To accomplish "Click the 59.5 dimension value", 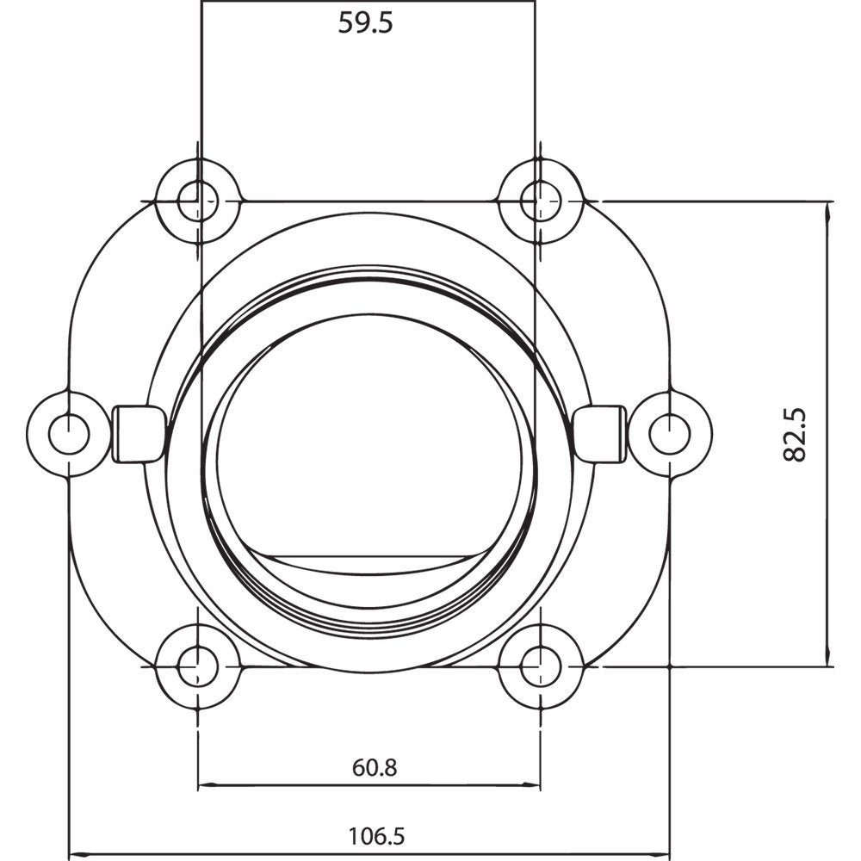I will tap(365, 23).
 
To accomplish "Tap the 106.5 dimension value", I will tap(376, 835).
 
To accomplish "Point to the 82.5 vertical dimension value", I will tap(796, 435).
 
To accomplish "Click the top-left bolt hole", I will tap(198, 201).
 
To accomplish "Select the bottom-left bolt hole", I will tap(198, 666).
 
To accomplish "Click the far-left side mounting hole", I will tap(68, 434).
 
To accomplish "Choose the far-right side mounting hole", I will tap(670, 434).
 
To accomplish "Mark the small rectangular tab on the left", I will tap(138, 433).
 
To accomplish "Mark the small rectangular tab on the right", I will tap(599, 433).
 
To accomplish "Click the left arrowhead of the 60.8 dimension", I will tap(203, 785).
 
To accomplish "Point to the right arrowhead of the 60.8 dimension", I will tap(536, 785).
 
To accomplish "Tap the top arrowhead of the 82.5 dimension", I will tap(828, 208).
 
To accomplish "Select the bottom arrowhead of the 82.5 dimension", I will tap(828, 660).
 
